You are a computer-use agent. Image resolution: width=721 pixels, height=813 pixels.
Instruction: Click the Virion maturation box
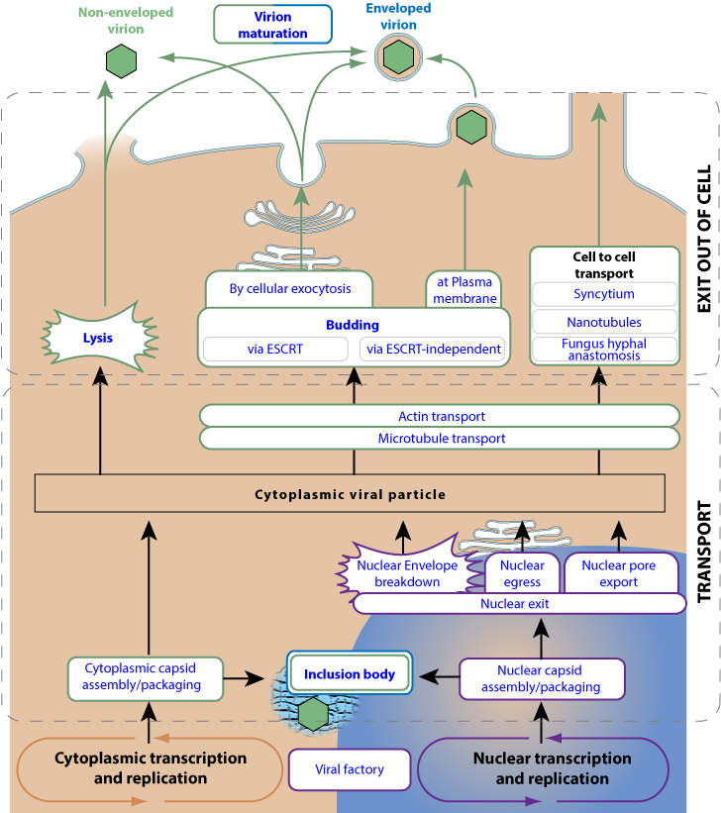[x=272, y=25]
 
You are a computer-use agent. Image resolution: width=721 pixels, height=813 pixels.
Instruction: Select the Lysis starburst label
[x=97, y=338]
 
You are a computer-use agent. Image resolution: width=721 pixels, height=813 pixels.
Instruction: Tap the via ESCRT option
[x=275, y=349]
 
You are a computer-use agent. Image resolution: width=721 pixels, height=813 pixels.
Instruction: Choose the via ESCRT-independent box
[x=432, y=349]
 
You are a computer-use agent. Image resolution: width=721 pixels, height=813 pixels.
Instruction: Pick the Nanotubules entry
[x=604, y=322]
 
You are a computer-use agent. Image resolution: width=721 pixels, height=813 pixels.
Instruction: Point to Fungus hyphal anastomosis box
[x=604, y=350]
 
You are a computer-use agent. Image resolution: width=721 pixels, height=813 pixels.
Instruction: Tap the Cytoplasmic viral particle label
[x=350, y=494]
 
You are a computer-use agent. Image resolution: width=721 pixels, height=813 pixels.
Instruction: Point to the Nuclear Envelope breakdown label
[x=407, y=573]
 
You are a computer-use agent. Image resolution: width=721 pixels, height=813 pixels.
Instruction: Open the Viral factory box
[x=349, y=768]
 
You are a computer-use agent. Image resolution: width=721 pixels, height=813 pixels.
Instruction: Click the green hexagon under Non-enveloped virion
[x=122, y=62]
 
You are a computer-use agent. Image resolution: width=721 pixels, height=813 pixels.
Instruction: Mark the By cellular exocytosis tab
[x=290, y=289]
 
